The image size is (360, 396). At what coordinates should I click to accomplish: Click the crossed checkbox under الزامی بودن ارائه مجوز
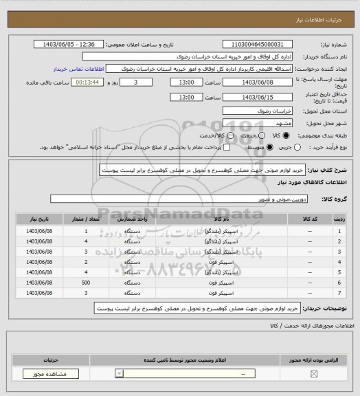tap(315, 374)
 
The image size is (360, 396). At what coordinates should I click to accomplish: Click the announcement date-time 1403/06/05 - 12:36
tap(69, 45)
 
